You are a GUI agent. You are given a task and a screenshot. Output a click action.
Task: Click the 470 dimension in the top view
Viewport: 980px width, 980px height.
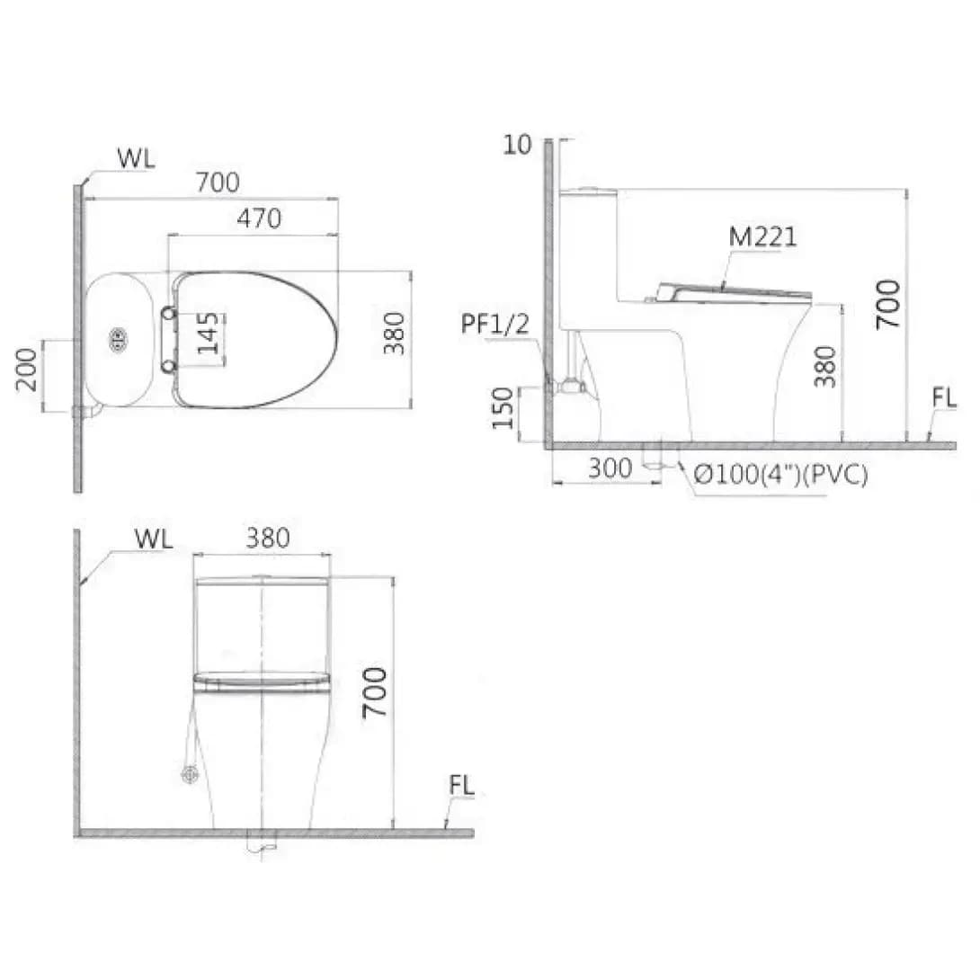(x=259, y=218)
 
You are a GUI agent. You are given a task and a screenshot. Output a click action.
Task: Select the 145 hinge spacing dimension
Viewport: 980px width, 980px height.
(x=208, y=333)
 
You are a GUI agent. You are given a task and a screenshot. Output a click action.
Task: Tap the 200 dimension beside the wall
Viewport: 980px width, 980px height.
(x=27, y=370)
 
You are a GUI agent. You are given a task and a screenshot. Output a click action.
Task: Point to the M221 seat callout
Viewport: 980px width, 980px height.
(x=763, y=236)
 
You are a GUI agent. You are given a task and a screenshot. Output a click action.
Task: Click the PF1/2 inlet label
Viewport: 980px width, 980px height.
(x=495, y=324)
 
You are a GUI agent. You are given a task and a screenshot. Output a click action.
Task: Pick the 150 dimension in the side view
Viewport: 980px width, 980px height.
(x=503, y=407)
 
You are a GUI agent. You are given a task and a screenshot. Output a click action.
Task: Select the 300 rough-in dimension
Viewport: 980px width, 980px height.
(x=610, y=468)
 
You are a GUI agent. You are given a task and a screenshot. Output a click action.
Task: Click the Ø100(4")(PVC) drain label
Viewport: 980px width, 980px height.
(x=781, y=475)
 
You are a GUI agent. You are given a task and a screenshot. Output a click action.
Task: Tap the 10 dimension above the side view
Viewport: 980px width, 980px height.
(x=517, y=145)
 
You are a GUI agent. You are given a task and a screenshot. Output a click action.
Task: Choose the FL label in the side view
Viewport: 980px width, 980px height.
(x=944, y=397)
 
